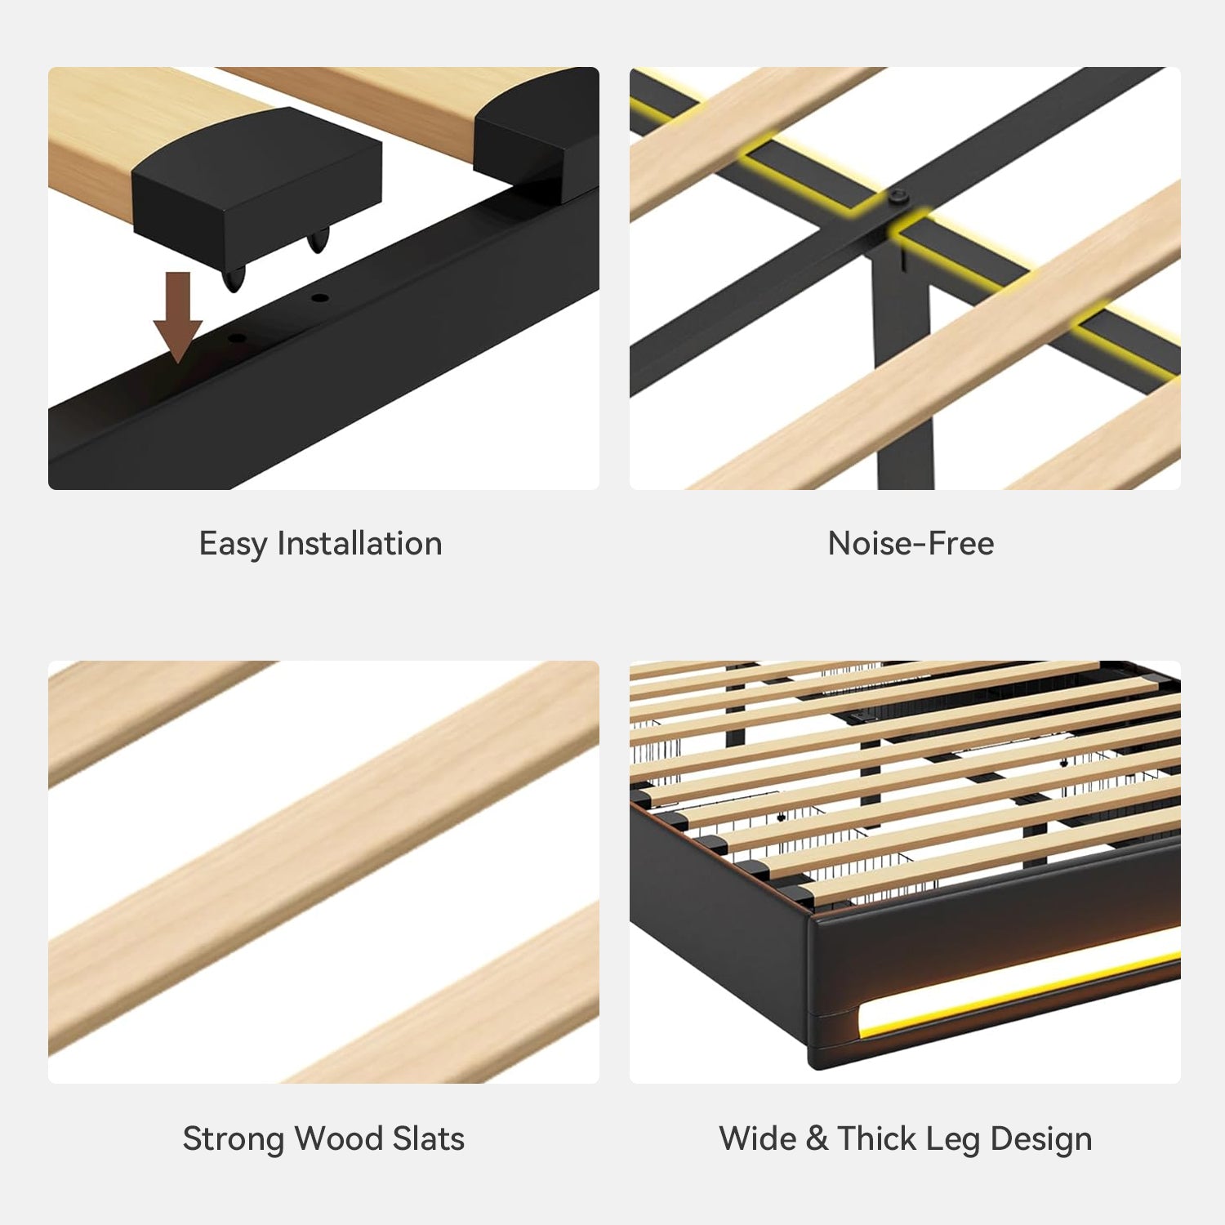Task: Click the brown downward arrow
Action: tap(178, 317)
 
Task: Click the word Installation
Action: tap(359, 543)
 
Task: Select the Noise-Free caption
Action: tap(911, 543)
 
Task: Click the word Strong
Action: tap(234, 1139)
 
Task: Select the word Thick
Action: tap(876, 1138)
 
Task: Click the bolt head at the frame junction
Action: tap(898, 197)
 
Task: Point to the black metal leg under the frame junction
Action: tap(902, 367)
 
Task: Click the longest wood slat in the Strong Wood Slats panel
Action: tap(324, 857)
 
